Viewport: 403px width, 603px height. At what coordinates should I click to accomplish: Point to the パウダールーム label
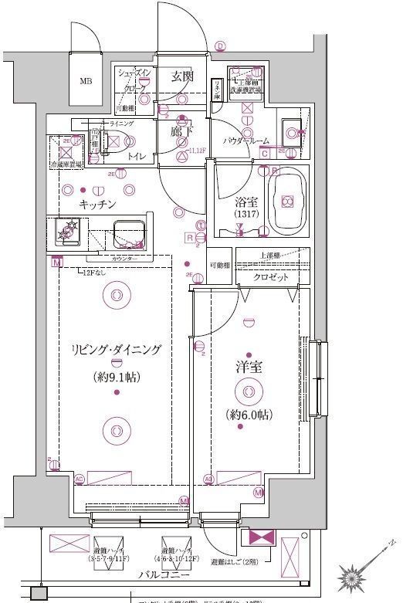click(246, 141)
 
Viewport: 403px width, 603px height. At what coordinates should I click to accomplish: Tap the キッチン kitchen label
click(97, 204)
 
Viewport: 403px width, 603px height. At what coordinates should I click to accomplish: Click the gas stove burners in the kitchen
click(69, 230)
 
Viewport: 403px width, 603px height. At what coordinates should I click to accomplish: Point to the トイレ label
click(136, 155)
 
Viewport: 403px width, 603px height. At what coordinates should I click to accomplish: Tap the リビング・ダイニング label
click(115, 350)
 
